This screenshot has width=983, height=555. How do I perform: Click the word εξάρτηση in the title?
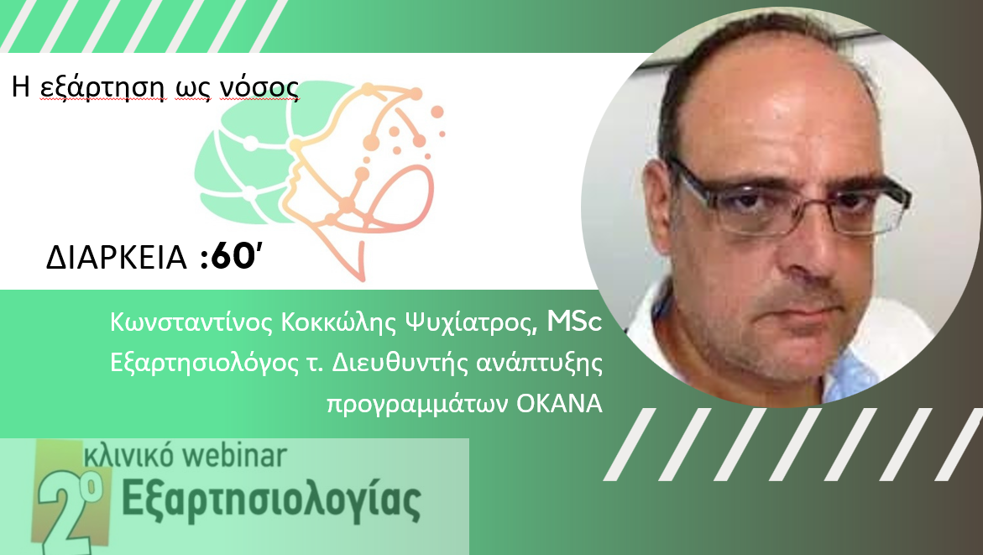(x=102, y=88)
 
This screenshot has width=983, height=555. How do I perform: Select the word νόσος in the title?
(x=259, y=88)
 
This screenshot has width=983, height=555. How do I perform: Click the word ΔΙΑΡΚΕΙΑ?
(x=117, y=257)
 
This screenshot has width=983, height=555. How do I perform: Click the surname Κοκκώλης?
(x=339, y=322)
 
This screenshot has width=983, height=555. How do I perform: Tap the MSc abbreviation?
(x=575, y=322)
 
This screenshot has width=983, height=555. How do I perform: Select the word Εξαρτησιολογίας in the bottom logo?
(x=271, y=500)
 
